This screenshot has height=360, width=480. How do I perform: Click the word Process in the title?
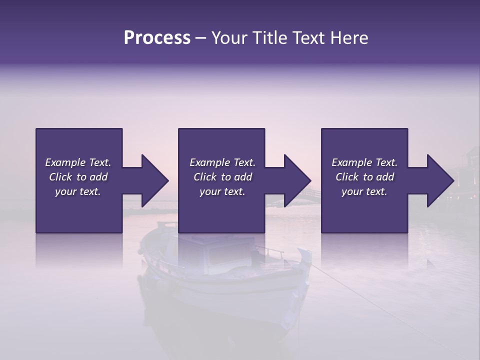tap(157, 38)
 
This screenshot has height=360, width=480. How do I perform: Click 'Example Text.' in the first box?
tap(78, 162)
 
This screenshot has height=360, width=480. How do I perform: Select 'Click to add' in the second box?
tap(222, 177)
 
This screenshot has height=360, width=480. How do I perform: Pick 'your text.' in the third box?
tap(364, 191)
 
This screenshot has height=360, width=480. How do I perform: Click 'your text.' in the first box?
tap(78, 191)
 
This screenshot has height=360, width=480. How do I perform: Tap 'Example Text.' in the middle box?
tap(222, 162)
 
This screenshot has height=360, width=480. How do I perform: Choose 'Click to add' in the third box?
tap(364, 177)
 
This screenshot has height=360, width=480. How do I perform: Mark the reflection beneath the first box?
tap(79, 250)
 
